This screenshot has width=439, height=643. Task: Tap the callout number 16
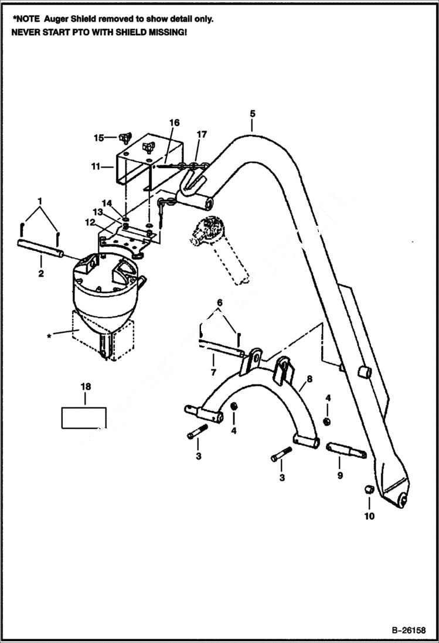click(174, 123)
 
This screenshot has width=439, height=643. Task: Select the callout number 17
click(202, 134)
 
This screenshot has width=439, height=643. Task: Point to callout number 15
click(98, 138)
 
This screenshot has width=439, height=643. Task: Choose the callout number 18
click(86, 386)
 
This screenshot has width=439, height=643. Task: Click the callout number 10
click(369, 516)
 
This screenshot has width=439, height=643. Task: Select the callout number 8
click(309, 379)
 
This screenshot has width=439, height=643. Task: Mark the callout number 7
click(213, 372)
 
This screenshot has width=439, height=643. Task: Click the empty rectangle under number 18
click(84, 417)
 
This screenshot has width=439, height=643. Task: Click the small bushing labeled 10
click(369, 490)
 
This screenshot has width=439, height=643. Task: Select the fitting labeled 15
click(124, 139)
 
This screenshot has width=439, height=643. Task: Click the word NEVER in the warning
click(26, 32)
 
